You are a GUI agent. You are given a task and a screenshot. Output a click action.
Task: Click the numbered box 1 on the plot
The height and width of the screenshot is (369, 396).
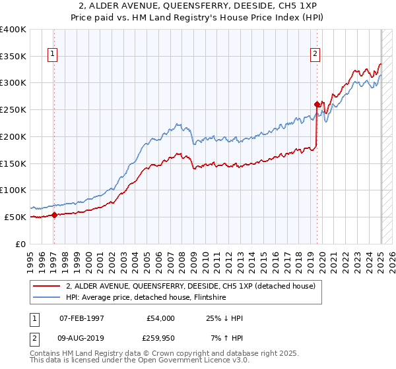52,54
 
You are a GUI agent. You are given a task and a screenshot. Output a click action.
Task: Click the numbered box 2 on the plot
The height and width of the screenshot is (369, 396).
315,54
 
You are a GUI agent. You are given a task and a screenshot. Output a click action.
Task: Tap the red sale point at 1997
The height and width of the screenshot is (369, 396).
54,215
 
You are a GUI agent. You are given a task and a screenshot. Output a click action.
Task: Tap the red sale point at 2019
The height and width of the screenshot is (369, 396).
317,104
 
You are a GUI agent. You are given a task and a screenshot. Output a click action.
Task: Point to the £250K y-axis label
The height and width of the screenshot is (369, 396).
13,109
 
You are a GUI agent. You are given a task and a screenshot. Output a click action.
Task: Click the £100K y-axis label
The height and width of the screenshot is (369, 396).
13,190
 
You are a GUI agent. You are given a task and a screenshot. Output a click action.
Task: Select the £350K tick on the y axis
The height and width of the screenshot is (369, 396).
13,56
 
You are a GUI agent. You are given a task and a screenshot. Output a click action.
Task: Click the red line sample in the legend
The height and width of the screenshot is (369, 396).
45,286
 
